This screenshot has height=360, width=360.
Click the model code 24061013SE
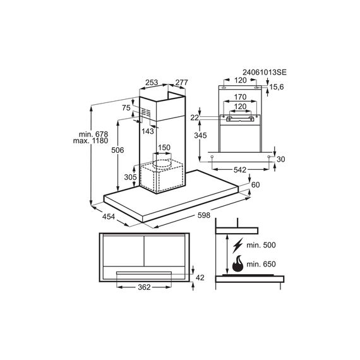(265, 73)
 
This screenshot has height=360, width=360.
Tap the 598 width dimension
(204, 215)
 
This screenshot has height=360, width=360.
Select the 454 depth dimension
(109, 216)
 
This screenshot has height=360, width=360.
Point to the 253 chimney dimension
(152, 82)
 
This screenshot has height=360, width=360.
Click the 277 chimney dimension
(182, 82)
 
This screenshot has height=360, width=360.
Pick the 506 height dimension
(117, 150)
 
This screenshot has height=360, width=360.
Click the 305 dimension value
(130, 177)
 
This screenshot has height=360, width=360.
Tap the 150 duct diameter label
(164, 147)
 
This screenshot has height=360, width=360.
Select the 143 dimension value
(148, 131)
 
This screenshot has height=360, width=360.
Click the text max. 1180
(90, 140)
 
